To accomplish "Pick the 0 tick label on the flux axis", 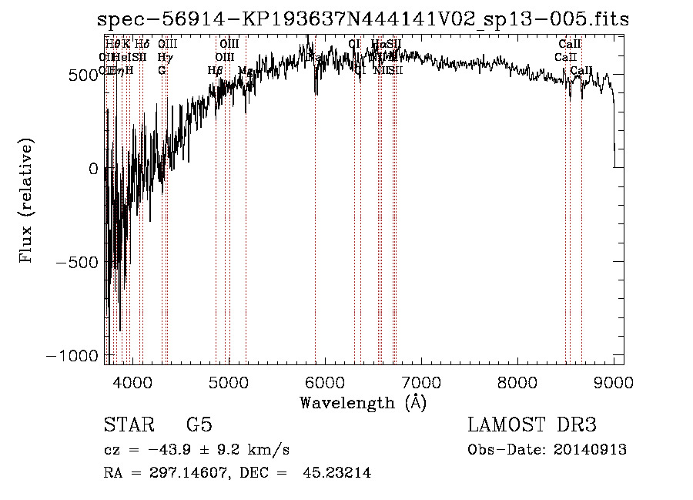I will pos(94,168).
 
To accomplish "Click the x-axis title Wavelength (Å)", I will pos(363,402).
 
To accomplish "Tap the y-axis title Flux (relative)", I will pos(27,202).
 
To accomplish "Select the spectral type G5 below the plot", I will pos(199,424).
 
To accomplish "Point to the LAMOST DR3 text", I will pos(532,424).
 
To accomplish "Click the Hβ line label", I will pos(216,70).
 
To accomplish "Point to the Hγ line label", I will pos(164,57).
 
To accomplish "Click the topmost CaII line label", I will pos(570,44).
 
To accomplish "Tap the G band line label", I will pos(162,70).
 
